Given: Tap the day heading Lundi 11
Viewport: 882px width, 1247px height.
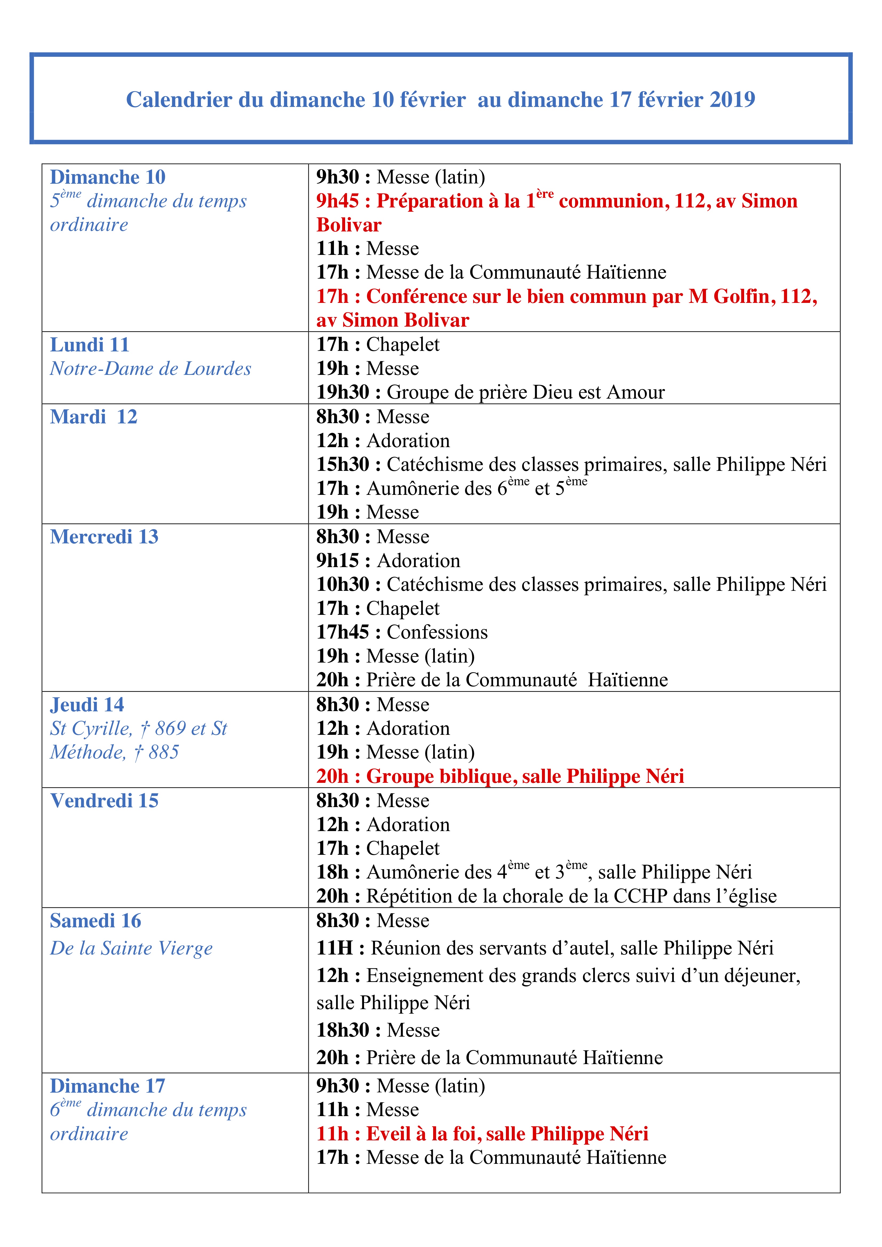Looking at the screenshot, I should tap(90, 345).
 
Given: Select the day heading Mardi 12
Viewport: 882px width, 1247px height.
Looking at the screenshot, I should tap(93, 417).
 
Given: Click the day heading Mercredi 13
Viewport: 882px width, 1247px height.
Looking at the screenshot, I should tap(104, 537).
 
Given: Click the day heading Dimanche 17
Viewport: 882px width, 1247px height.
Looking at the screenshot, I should tap(107, 1086).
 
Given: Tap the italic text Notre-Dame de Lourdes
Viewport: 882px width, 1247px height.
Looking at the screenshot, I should tap(150, 369).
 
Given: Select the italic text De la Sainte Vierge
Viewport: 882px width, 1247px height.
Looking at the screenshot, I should tap(131, 948).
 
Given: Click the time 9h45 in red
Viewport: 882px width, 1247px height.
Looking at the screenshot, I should tap(337, 201).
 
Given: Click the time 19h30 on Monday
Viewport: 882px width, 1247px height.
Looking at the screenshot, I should tap(342, 392).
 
